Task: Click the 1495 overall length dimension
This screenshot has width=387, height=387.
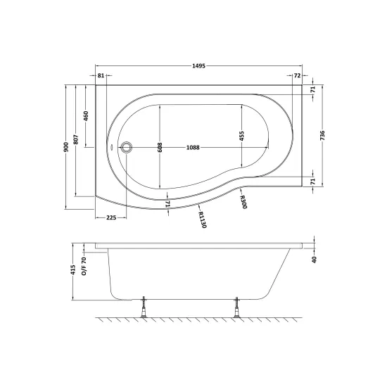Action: click(198, 66)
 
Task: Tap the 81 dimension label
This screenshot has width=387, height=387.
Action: click(101, 75)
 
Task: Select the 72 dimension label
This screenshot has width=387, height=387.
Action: click(298, 75)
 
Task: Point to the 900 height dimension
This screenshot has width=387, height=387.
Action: click(66, 147)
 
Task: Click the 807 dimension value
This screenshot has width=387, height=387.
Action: click(76, 140)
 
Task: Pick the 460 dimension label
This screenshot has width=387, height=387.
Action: click(86, 116)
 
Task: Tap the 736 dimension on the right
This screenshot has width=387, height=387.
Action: click(322, 136)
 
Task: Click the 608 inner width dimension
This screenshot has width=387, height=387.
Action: click(160, 147)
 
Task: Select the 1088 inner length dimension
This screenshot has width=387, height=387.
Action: click(193, 148)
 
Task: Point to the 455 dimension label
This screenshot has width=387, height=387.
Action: click(241, 136)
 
